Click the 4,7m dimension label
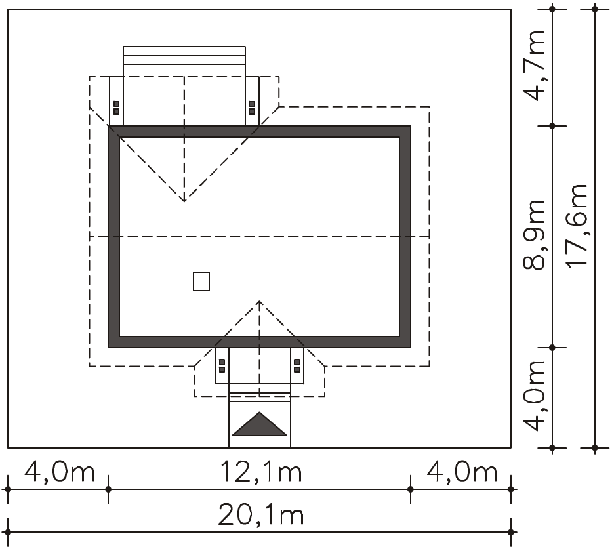(535, 66)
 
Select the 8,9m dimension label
(535, 235)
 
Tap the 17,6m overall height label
(577, 226)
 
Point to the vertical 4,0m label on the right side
(535, 396)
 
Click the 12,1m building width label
(261, 471)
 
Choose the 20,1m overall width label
(261, 514)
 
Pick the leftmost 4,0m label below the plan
(60, 471)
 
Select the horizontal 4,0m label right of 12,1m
(462, 471)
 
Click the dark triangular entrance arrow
(260, 424)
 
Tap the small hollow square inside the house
(201, 281)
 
